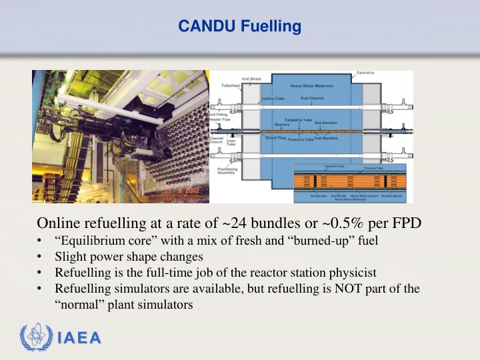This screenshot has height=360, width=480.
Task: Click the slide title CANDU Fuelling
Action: pyautogui.click(x=239, y=27)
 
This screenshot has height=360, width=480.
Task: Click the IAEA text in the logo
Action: pyautogui.click(x=79, y=338)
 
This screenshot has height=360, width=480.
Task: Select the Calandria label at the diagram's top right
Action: pyautogui.click(x=365, y=72)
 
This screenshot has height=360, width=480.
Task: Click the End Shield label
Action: pyautogui.click(x=251, y=79)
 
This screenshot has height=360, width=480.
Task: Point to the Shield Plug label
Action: pyautogui.click(x=275, y=138)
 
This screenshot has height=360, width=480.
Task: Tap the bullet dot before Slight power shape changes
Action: pyautogui.click(x=41, y=257)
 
